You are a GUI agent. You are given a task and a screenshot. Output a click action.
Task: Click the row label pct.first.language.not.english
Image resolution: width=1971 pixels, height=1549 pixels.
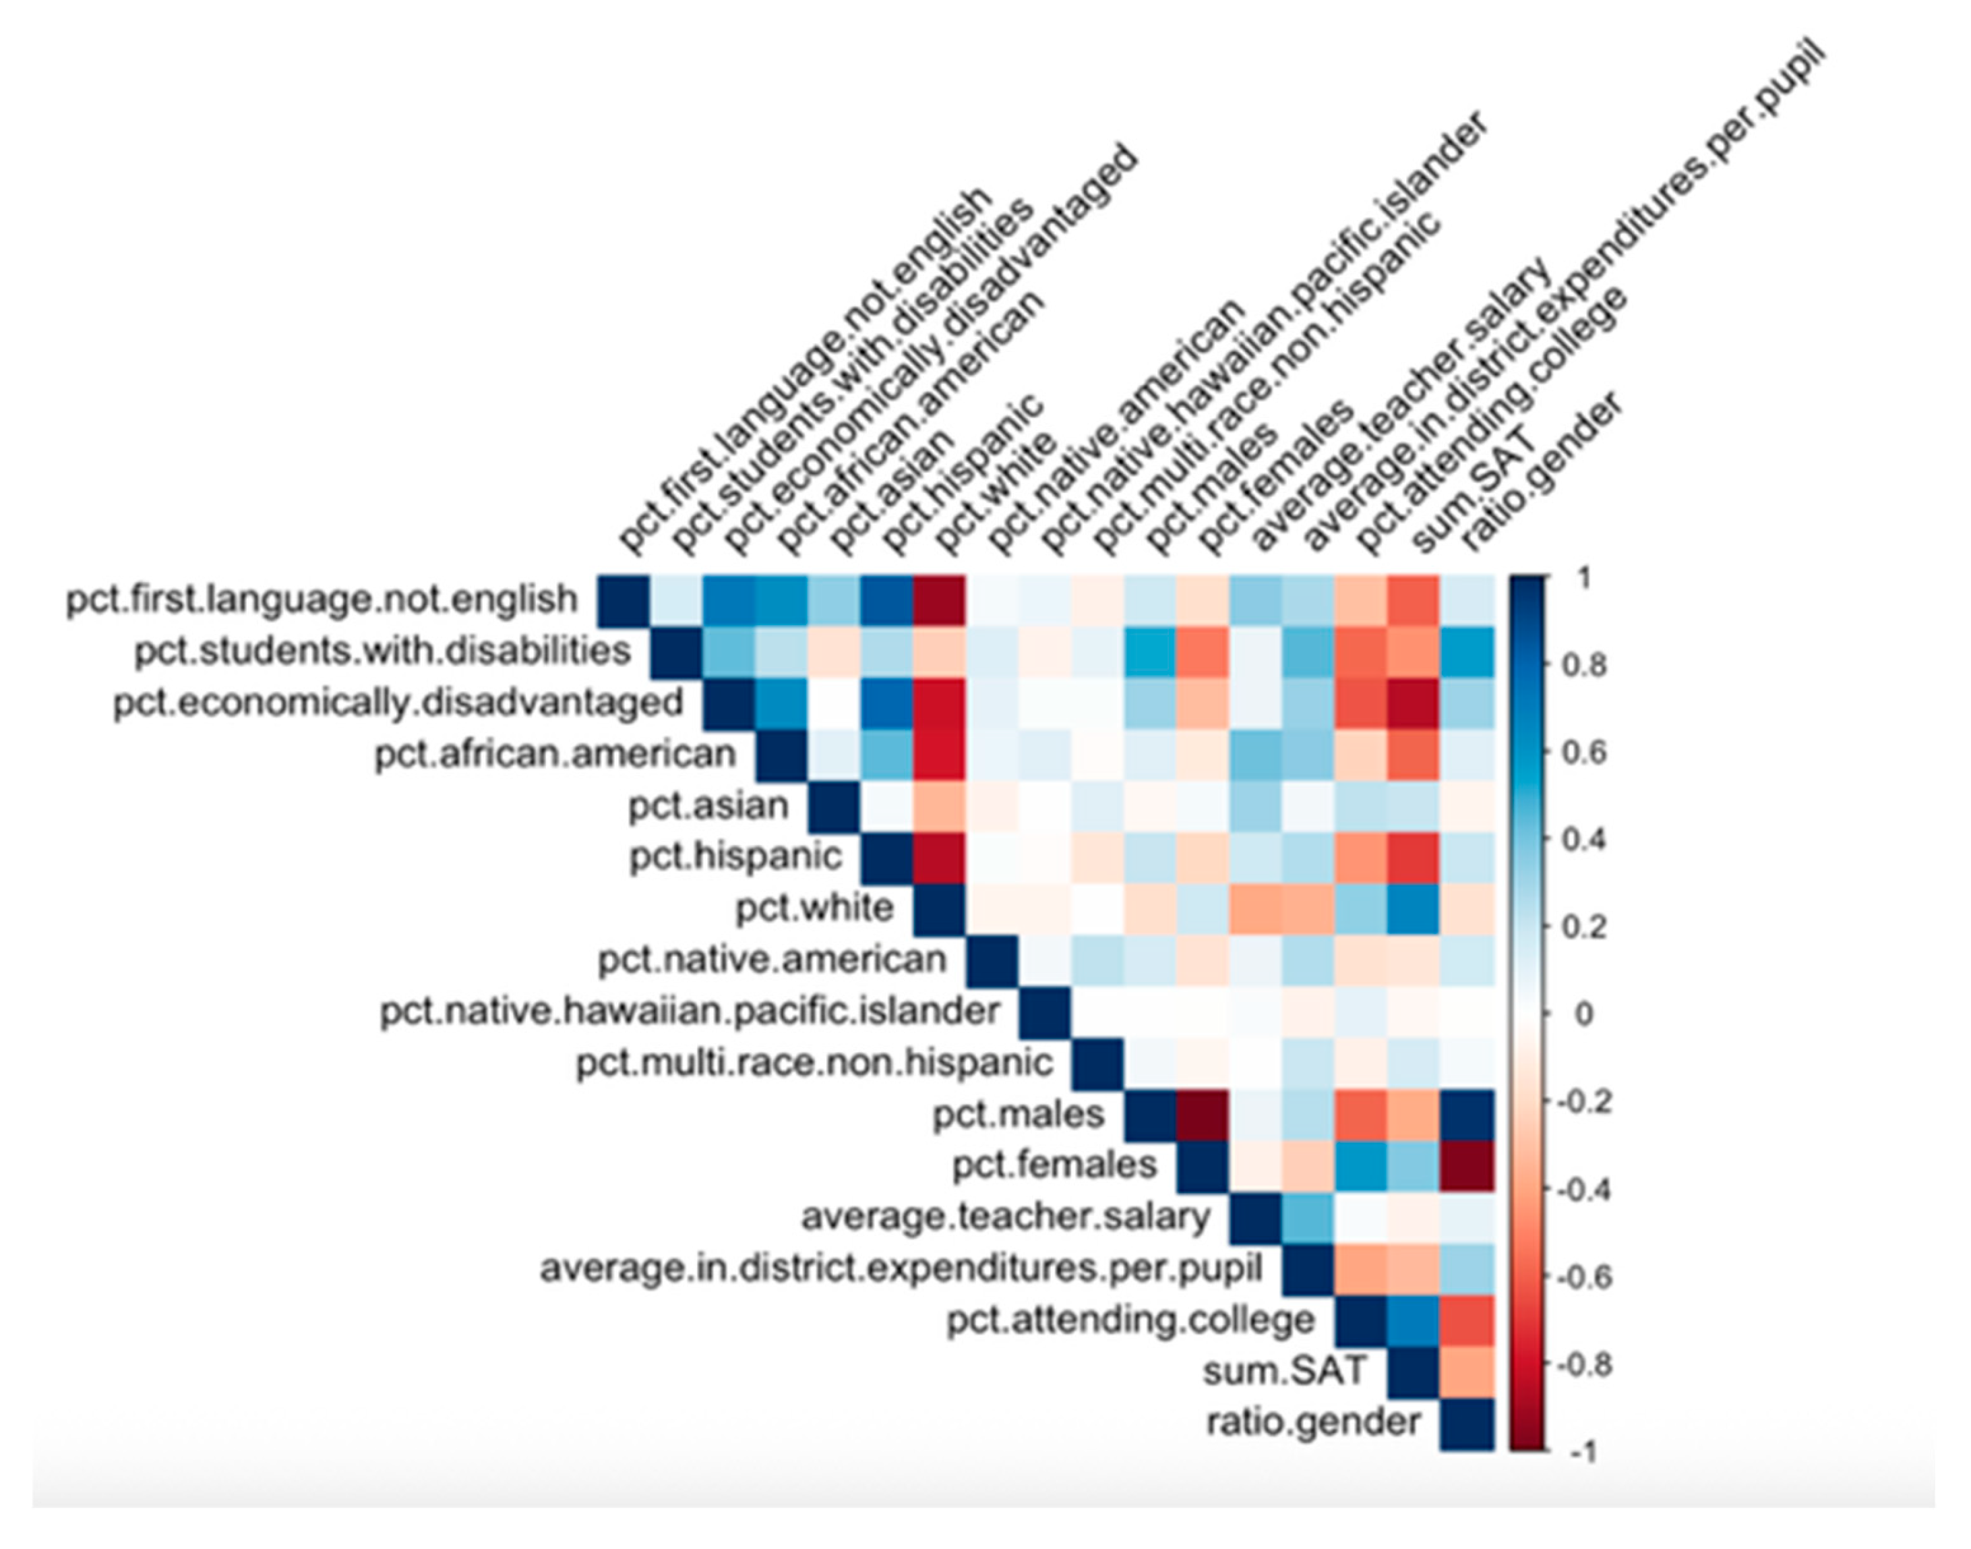(x=321, y=600)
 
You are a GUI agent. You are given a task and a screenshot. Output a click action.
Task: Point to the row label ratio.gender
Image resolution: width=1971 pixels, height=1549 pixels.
(x=1312, y=1422)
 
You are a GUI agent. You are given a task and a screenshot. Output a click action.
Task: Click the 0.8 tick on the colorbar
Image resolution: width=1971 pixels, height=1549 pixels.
(x=1582, y=665)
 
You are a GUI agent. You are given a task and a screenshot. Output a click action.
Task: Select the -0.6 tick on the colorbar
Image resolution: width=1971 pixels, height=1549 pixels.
(x=1582, y=1277)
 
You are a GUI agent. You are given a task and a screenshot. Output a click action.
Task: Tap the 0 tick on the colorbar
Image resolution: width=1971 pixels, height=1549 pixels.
(x=1582, y=1014)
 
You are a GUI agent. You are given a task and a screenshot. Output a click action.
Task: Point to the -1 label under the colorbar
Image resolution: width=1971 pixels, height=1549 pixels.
(x=1582, y=1452)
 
